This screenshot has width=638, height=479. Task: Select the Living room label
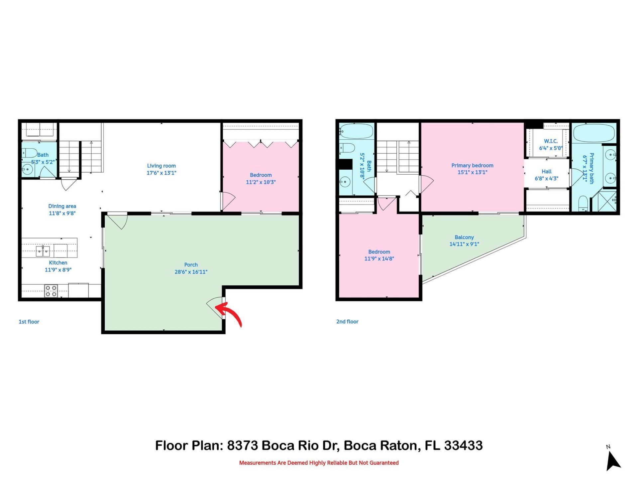161,166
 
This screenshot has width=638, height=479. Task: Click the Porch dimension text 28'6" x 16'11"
191,272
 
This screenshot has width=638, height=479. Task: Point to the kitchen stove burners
51,291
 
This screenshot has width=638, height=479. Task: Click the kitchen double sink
43,251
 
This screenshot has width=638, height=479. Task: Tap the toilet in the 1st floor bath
30,153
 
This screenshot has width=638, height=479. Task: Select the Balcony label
464,237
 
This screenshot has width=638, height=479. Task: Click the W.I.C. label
551,141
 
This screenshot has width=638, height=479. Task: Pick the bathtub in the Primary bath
594,133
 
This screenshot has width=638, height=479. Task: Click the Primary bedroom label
472,165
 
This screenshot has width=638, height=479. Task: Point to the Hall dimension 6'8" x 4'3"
546,178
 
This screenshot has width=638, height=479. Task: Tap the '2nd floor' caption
347,322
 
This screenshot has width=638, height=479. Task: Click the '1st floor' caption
29,322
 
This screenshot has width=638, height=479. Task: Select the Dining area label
62,206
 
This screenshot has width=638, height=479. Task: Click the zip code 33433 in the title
463,445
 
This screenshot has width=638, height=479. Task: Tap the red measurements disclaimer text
319,463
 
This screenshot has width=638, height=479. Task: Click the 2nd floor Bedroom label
379,252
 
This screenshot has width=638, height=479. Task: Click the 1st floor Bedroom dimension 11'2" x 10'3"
261,182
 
